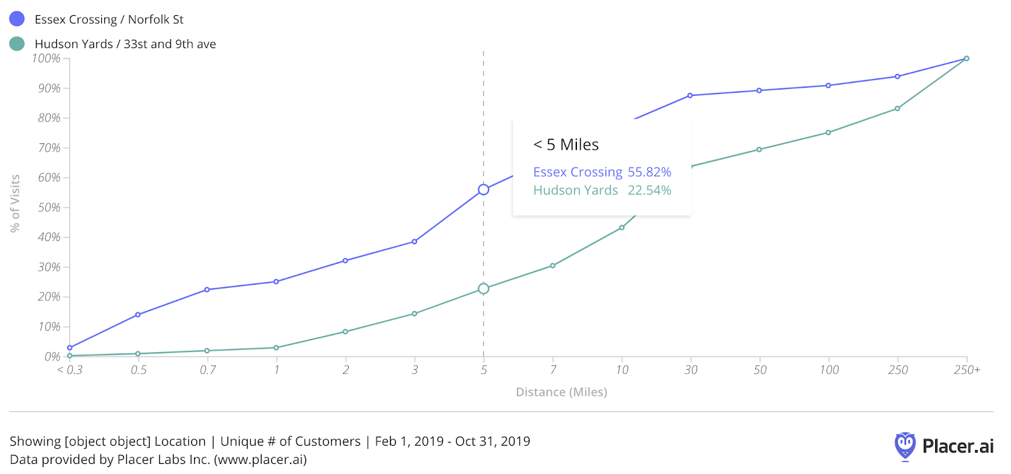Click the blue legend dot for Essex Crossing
(x=17, y=19)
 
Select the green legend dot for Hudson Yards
(x=17, y=44)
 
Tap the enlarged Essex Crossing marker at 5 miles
(x=483, y=189)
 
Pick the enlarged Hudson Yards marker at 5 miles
(x=483, y=288)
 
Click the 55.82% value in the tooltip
(x=649, y=172)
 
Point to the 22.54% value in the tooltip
(x=649, y=191)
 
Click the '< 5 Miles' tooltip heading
(x=566, y=145)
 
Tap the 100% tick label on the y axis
(x=46, y=59)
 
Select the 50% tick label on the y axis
(x=49, y=208)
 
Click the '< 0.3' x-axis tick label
(x=70, y=370)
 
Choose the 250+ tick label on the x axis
(x=967, y=370)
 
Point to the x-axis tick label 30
(x=691, y=370)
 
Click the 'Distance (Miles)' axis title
(x=561, y=392)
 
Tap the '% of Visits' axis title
(x=15, y=203)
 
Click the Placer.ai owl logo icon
(x=905, y=446)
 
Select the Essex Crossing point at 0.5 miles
(x=138, y=314)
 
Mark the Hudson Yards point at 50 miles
(x=759, y=150)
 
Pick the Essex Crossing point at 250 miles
(x=897, y=76)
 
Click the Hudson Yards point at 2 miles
(x=345, y=331)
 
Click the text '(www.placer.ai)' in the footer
(x=260, y=459)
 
